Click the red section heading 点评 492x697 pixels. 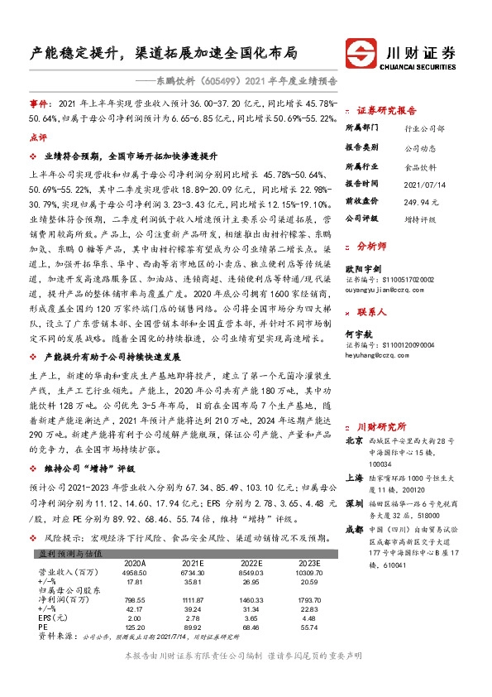pyautogui.click(x=38, y=137)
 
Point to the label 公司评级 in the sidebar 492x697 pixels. pyautogui.click(x=361, y=219)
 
